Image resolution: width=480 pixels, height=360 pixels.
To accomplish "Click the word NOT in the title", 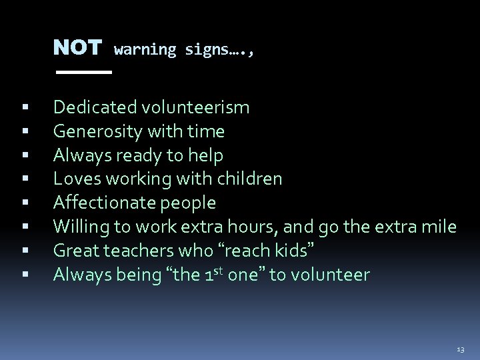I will coord(77,48).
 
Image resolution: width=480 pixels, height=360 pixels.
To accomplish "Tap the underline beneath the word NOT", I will coord(83,71).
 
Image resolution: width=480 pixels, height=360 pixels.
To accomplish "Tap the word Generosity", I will coord(95,131).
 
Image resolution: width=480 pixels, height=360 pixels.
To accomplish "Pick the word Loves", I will coord(72,179).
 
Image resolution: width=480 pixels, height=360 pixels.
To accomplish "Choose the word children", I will coord(251,179).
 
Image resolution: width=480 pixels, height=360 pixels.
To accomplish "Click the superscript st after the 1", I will coord(219,270).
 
